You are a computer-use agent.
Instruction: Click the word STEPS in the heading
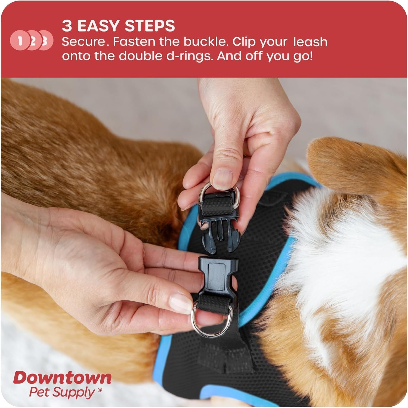(x=150, y=26)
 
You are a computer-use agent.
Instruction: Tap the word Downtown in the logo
(x=62, y=378)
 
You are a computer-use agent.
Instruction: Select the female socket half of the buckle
(x=219, y=278)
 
